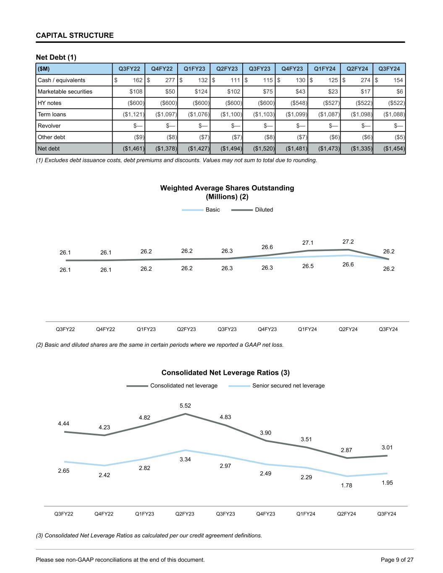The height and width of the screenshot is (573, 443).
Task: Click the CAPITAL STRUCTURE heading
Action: click(x=75, y=35)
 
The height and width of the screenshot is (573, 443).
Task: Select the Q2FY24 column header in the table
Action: click(x=356, y=69)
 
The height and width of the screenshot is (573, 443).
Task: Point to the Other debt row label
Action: click(x=51, y=137)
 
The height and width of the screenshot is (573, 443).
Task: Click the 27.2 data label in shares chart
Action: click(x=348, y=241)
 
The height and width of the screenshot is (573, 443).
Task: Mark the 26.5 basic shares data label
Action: click(x=308, y=266)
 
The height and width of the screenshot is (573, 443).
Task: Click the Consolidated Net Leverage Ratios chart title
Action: click(x=225, y=372)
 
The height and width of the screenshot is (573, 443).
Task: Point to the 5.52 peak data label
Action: click(x=185, y=406)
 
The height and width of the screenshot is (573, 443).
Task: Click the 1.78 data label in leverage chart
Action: click(x=346, y=485)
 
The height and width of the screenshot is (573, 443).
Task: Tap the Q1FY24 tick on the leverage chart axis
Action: click(x=306, y=514)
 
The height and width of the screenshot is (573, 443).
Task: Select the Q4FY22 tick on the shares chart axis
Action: click(x=105, y=329)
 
